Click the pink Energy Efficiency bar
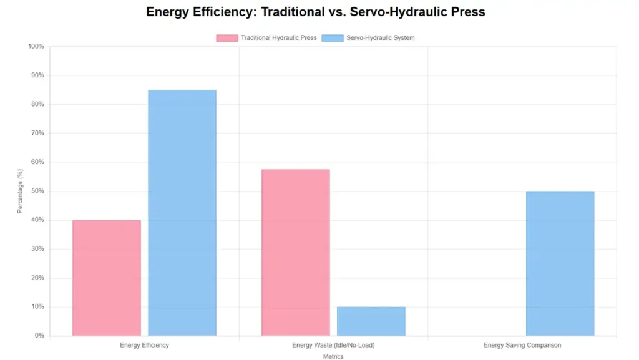coord(107,278)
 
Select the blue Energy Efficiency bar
coord(182,213)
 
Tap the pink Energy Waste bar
coord(295,252)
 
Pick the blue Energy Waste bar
coord(371,321)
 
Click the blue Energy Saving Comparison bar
coord(560,263)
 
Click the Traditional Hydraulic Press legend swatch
coord(227,38)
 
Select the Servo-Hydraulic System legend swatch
coord(333,38)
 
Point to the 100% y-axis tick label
coord(36,46)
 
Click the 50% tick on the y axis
coord(37,191)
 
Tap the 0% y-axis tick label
coord(39,336)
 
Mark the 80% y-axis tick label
coord(37,104)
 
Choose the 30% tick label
coord(37,249)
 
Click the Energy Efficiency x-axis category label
coord(144,345)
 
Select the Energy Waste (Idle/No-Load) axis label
coord(333,345)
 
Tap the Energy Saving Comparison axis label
coord(522,345)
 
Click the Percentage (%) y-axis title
coord(19,191)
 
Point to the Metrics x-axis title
coord(333,357)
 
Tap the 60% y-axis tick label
coord(37,162)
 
